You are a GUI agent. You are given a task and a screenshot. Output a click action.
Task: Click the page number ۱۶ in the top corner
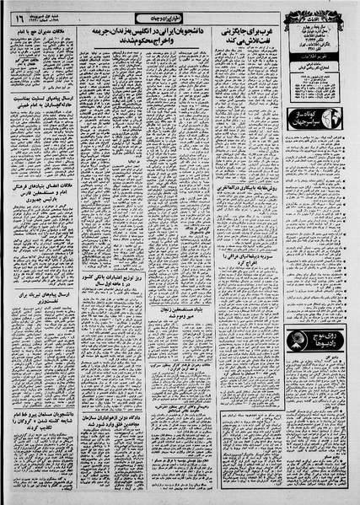point(18,16)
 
